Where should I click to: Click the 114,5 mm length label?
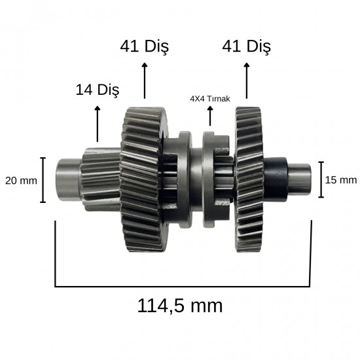click(x=180, y=306)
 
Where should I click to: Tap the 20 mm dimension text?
click(x=21, y=181)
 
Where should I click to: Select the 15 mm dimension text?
click(x=341, y=180)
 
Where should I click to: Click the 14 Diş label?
click(x=98, y=90)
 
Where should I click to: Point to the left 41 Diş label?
click(x=145, y=47)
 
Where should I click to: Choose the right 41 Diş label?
click(x=246, y=47)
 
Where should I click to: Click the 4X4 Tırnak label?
click(x=210, y=99)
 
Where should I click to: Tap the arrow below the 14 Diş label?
click(x=98, y=124)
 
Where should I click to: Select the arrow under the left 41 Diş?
click(x=145, y=81)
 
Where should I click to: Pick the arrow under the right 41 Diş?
click(x=247, y=81)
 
